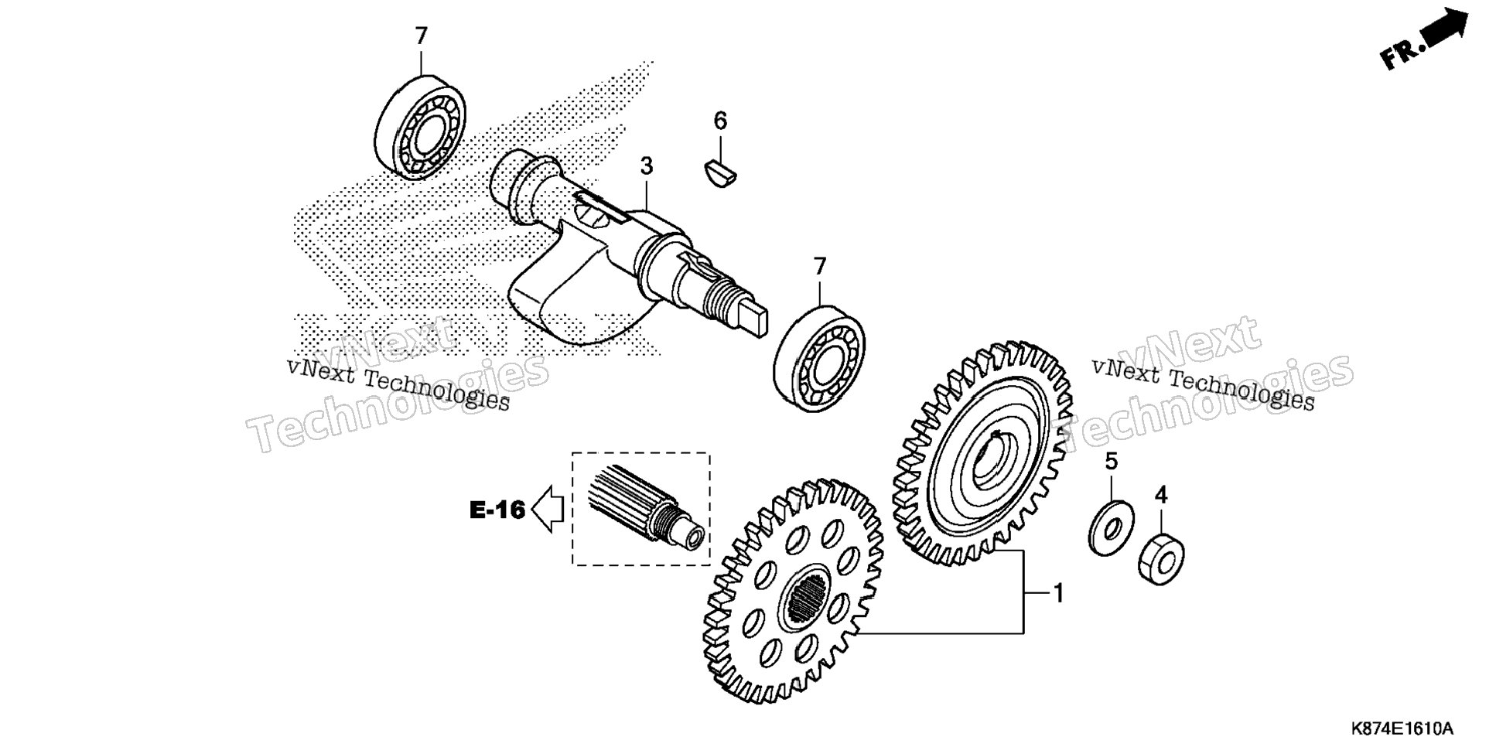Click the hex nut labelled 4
tap(1161, 558)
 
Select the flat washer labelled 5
tap(1112, 528)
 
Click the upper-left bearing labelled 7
tap(420, 128)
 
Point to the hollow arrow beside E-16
tap(547, 510)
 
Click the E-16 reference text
tap(497, 510)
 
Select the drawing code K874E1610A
tap(1402, 729)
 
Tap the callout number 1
tap(1059, 594)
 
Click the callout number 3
tap(647, 166)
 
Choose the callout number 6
tap(720, 121)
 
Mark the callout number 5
tap(1112, 462)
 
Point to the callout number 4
tap(1161, 495)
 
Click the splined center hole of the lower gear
tap(806, 596)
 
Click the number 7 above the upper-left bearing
tap(421, 36)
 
